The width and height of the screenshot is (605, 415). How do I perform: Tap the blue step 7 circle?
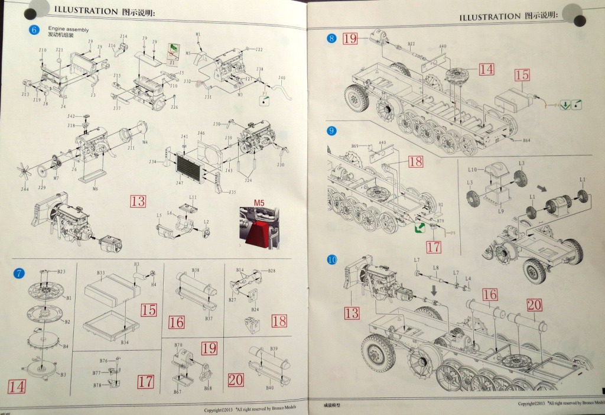click(x=19, y=273)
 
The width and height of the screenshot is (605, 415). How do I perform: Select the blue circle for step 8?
click(x=331, y=38)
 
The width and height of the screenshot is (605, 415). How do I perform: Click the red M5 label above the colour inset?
click(x=259, y=203)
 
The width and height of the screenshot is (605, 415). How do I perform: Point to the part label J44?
click(x=24, y=189)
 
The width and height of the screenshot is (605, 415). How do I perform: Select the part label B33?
click(x=101, y=273)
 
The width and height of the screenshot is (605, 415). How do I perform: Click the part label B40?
click(x=269, y=388)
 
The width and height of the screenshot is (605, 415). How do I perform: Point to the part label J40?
click(x=282, y=77)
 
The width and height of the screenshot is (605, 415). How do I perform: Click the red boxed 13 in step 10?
click(x=352, y=312)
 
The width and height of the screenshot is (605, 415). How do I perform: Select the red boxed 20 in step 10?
click(x=534, y=304)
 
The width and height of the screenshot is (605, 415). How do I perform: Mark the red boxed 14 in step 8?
click(x=486, y=69)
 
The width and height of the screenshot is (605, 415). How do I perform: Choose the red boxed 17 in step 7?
click(x=145, y=382)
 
